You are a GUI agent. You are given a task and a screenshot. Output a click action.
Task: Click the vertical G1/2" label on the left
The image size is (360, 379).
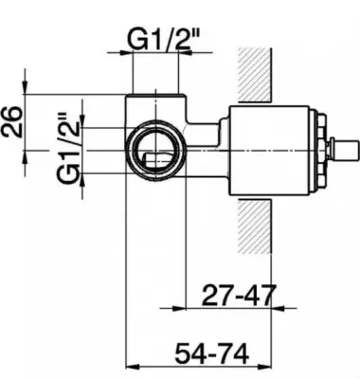pos(67,148)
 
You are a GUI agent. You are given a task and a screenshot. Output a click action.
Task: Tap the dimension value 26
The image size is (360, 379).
pos(11,122)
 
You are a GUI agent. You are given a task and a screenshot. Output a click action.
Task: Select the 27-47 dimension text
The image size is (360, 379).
pos(239,295)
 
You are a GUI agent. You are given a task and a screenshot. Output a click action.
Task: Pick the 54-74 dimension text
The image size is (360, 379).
pos(212,354)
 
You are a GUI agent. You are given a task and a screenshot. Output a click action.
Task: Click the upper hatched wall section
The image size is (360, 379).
pos(255,75)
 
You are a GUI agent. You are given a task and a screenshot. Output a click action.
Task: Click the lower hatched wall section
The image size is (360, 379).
pos(255,226)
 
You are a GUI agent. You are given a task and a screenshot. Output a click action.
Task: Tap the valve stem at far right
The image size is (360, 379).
pos(344,148)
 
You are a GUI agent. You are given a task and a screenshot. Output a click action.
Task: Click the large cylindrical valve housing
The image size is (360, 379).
pos(269,150)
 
